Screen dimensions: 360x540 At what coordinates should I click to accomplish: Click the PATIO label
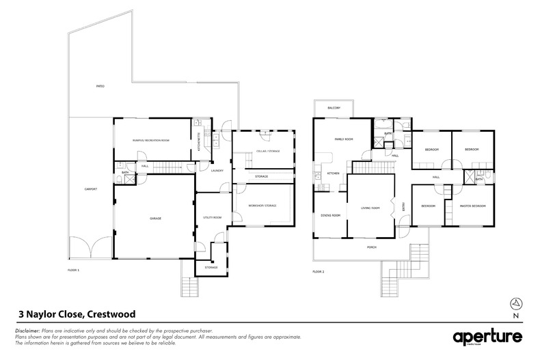click(x=100, y=87)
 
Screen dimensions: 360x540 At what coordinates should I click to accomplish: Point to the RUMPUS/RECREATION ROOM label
click(x=151, y=139)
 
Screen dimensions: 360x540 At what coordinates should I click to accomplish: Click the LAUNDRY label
click(x=218, y=171)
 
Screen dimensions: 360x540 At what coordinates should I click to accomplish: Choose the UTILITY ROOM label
click(x=213, y=217)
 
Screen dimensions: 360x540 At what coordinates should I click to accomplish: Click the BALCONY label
click(x=334, y=108)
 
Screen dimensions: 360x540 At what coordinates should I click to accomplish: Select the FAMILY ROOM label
click(x=344, y=139)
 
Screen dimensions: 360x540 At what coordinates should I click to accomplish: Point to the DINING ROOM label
click(x=330, y=215)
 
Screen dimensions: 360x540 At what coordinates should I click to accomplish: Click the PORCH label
click(x=371, y=247)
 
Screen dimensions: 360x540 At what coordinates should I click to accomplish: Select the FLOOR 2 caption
click(x=319, y=271)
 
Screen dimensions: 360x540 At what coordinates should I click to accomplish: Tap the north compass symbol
click(x=516, y=304)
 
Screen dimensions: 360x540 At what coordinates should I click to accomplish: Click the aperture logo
click(x=487, y=337)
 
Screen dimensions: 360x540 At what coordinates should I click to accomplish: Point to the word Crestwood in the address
click(x=109, y=314)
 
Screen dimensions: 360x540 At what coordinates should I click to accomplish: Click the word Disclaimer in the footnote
click(x=28, y=330)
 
